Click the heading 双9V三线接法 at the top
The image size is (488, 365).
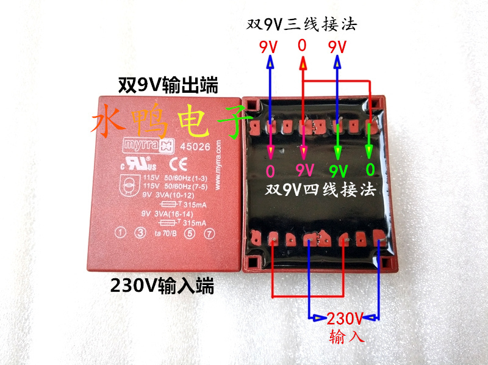[x=301, y=24]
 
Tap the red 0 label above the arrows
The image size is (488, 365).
[x=302, y=46]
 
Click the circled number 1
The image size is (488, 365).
[x=121, y=233]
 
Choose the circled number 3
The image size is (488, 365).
[x=140, y=233]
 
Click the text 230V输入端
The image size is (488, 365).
[x=162, y=285]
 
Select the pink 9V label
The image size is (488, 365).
[x=304, y=169]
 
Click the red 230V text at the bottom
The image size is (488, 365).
[x=345, y=318]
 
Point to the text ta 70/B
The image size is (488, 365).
[x=165, y=233]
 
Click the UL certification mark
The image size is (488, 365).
[x=145, y=165]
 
